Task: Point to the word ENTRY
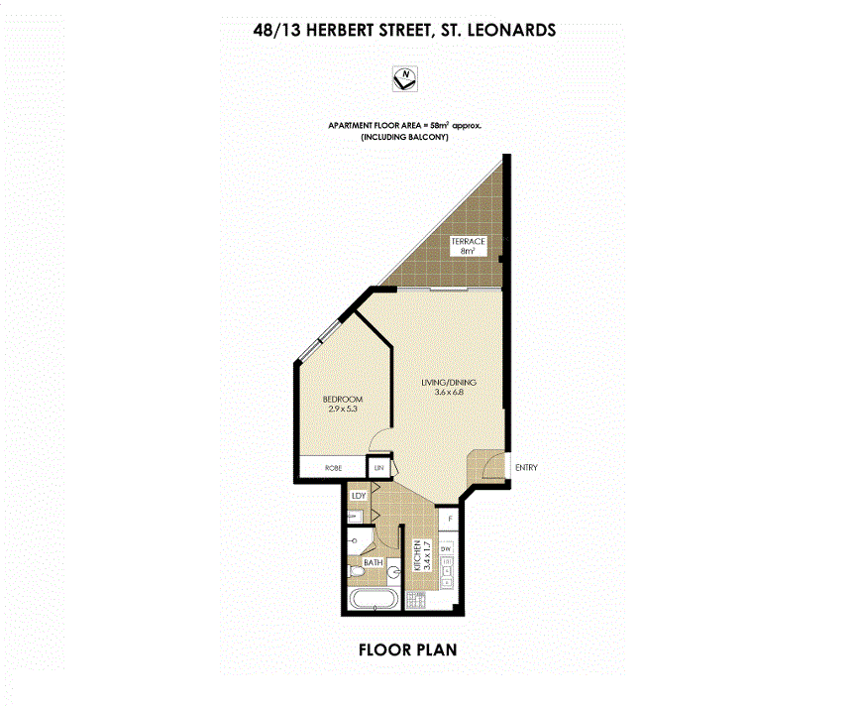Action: coord(527,468)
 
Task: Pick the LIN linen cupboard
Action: coord(378,467)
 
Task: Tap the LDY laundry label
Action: coord(357,496)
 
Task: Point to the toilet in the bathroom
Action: coord(357,572)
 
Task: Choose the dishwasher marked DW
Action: coord(447,548)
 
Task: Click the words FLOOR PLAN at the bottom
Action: coord(406,651)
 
